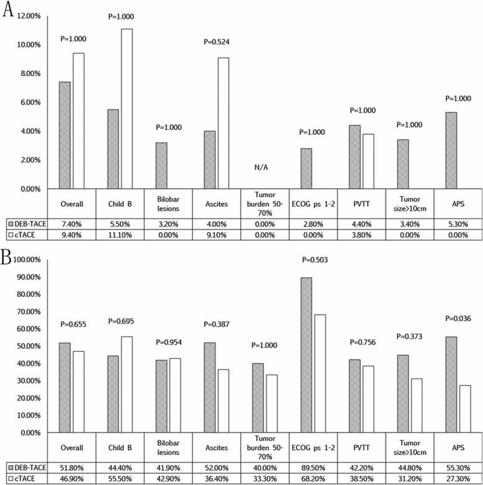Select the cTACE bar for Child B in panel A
[126, 108]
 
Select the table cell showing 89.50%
[313, 466]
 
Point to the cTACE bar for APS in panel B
[464, 409]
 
